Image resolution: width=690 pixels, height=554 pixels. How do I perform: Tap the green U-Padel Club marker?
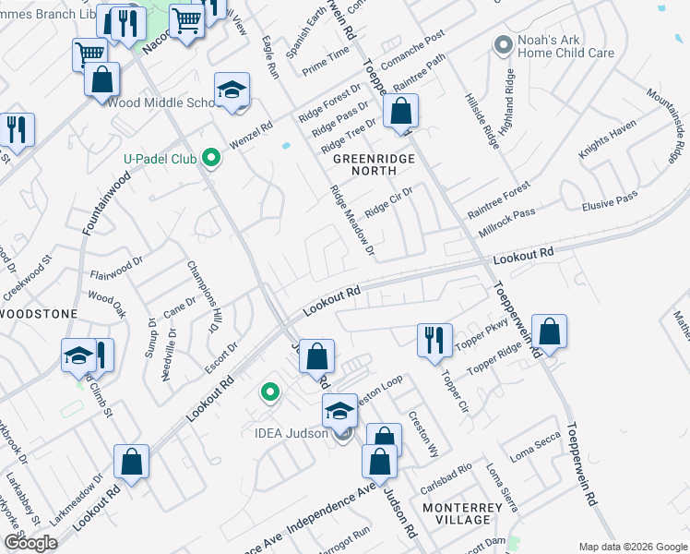(x=211, y=159)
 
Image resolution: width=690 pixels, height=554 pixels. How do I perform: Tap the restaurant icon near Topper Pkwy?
(x=434, y=341)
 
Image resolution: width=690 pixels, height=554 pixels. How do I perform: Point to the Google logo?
(x=30, y=543)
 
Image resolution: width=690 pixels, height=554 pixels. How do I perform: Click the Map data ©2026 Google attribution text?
(x=632, y=547)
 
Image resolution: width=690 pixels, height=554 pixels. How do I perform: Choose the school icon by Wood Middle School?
(x=232, y=91)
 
